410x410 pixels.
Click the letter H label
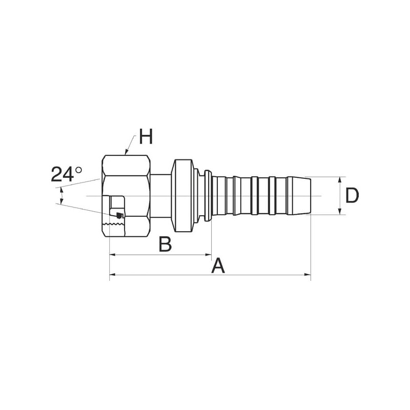click(146, 136)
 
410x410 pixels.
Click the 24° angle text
click(66, 174)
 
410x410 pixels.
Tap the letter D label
click(352, 196)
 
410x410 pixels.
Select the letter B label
click(165, 244)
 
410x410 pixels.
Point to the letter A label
click(218, 265)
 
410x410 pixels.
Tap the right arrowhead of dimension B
click(208, 254)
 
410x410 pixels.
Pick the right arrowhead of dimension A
click(307, 275)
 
